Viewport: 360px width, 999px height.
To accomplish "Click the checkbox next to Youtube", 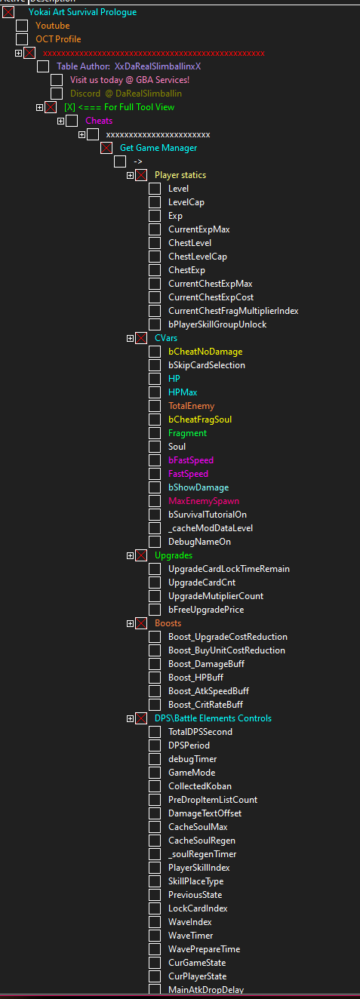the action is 22,26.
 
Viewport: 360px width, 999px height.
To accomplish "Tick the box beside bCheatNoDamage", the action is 155,352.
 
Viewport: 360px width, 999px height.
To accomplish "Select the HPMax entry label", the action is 183,392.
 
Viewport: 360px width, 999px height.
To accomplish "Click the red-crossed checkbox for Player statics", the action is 141,175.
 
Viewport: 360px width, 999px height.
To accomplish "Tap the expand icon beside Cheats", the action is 60,121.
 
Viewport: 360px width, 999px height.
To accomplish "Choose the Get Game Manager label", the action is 158,148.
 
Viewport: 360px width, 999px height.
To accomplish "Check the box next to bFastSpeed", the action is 155,460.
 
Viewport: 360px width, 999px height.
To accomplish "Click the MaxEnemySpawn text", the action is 204,501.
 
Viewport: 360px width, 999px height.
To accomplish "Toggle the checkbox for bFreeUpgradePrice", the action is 155,609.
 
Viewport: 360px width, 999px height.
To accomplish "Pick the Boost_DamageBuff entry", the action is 206,664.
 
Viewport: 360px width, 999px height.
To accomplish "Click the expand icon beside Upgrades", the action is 130,555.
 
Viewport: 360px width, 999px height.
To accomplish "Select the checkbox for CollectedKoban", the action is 155,785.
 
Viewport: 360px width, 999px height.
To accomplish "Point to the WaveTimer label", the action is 190,935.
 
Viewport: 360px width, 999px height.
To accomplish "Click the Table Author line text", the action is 128,66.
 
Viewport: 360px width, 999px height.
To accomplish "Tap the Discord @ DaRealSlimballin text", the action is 126,94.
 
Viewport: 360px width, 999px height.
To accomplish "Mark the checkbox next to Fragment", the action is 155,432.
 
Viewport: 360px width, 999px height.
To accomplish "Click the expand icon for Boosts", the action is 130,623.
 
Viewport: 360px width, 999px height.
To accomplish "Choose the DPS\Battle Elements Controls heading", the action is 213,718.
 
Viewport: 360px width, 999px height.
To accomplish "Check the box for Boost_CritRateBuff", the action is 155,704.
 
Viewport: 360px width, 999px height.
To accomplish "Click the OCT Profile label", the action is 58,39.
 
